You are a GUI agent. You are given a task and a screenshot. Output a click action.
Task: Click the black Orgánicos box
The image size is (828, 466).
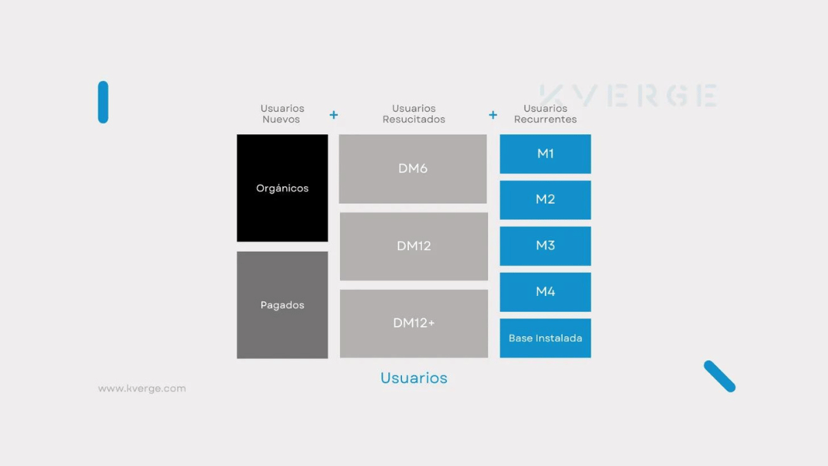click(282, 188)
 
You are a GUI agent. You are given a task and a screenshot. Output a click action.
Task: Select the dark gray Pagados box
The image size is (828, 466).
click(282, 305)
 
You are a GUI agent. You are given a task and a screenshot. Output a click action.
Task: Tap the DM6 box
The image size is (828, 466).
click(413, 169)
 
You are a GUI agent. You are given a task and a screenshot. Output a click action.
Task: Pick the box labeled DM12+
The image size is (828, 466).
click(414, 323)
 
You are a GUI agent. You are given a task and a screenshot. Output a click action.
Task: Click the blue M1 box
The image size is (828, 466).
click(546, 154)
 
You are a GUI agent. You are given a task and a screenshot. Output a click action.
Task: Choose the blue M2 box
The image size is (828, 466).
click(546, 200)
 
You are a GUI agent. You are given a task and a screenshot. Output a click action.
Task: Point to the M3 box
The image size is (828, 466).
click(546, 245)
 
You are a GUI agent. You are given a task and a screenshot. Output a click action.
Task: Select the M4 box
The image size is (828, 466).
click(546, 292)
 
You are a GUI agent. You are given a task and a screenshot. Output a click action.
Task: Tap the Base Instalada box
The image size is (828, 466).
click(546, 338)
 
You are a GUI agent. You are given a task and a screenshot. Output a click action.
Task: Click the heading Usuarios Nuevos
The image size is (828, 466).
click(282, 113)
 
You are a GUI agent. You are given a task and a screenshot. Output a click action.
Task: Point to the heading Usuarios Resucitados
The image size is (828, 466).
click(414, 113)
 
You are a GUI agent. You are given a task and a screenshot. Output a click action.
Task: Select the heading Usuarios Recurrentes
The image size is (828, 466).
click(546, 113)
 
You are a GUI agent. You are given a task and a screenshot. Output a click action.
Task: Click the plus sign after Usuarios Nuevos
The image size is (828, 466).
click(334, 115)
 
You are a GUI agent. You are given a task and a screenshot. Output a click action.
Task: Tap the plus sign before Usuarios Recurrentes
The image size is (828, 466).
click(493, 115)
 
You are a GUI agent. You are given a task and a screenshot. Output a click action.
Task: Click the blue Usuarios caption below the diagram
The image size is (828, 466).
click(414, 377)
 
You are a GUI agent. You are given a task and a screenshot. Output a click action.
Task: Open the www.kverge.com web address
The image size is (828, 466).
click(142, 388)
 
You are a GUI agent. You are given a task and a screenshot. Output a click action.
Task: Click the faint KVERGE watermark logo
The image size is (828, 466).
click(629, 95)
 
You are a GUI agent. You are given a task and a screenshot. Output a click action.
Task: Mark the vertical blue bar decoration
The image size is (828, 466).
click(103, 102)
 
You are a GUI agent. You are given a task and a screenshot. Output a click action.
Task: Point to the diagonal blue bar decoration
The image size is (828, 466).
click(719, 376)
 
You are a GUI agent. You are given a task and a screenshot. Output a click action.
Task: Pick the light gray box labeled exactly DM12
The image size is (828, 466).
click(414, 246)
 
